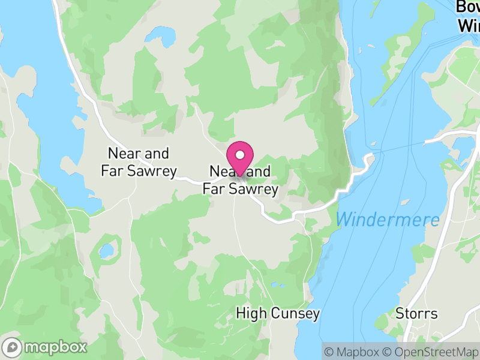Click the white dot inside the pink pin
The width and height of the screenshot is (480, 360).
click(241, 155)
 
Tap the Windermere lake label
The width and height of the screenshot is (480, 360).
click(388, 220)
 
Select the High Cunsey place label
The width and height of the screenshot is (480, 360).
click(278, 313)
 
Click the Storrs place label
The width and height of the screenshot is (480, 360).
click(416, 313)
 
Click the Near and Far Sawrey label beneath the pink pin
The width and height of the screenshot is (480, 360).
click(241, 181)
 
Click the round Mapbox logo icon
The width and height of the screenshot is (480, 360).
click(13, 347)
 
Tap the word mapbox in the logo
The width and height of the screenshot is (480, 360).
click(56, 347)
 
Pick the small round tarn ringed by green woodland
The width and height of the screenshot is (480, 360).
click(107, 250)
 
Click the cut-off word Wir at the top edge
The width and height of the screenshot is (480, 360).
click(469, 26)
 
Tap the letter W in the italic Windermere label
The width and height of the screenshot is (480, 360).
click(344, 220)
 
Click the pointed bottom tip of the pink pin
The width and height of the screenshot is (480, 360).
click(241, 176)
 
